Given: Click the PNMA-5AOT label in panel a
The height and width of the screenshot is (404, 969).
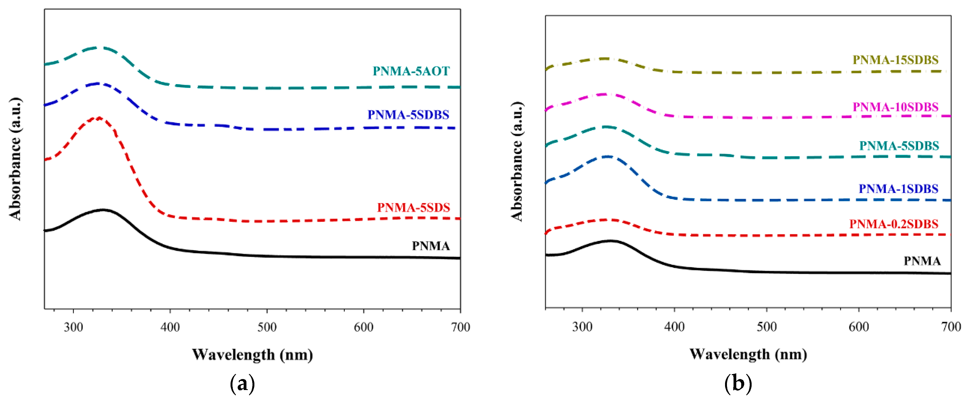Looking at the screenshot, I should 411,71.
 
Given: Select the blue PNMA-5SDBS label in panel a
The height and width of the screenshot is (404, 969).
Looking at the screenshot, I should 408,115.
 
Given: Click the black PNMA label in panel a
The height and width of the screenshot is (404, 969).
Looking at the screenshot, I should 431,246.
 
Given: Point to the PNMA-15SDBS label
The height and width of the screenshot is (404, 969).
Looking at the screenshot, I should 895,60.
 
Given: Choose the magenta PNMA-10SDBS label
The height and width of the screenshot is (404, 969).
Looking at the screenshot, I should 895,107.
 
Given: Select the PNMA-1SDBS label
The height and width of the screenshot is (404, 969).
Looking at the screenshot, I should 898,189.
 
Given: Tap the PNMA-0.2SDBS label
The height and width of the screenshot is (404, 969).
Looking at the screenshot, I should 894,224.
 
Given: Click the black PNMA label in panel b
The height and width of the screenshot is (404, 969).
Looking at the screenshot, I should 922,261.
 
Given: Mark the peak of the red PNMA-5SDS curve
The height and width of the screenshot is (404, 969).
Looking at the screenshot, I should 99,118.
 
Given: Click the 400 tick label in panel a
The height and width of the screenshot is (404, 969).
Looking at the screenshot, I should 170,327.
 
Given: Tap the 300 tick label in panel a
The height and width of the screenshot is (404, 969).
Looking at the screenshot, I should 73,327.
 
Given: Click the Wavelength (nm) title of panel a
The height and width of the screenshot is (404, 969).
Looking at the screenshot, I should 252,355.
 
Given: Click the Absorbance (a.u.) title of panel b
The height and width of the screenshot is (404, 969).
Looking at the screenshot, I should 517,161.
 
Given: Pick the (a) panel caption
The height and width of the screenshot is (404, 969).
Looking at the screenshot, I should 242,384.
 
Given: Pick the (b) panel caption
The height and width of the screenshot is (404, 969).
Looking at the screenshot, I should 738,384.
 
